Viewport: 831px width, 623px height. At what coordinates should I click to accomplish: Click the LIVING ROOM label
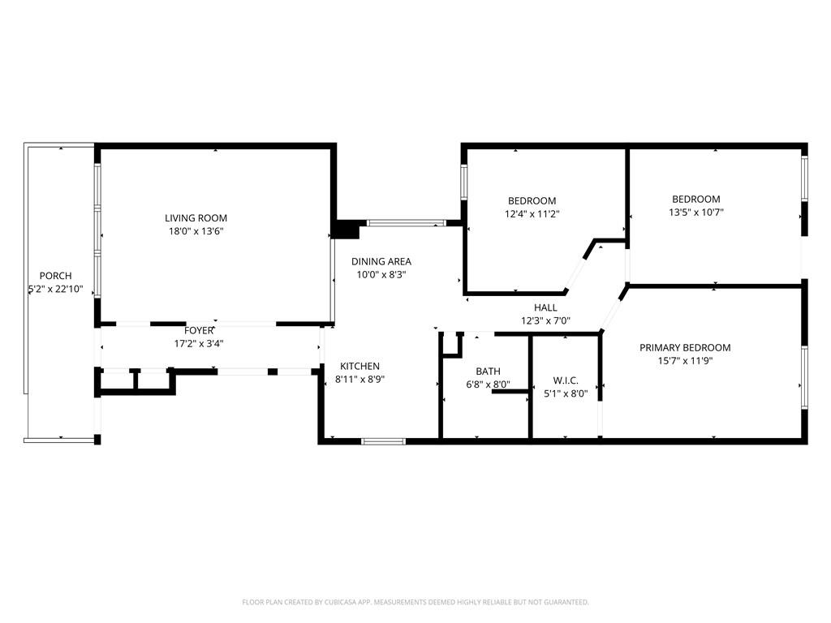pos(196,217)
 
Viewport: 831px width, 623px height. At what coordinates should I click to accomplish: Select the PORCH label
pos(56,276)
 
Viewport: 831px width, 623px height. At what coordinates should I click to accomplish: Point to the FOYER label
pos(199,331)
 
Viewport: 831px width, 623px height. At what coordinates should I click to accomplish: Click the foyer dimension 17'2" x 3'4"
pos(199,343)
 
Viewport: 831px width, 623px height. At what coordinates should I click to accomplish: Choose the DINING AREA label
pos(381,261)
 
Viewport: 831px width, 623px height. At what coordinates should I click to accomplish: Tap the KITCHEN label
pos(360,366)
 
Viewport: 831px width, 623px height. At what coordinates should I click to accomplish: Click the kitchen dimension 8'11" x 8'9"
pos(360,380)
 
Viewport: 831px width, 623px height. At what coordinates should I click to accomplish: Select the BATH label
pos(488,372)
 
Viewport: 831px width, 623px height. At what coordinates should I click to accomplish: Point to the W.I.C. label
pos(566,380)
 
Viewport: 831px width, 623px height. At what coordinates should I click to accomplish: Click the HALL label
pos(545,307)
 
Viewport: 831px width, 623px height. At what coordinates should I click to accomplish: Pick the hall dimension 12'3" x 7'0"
pos(545,320)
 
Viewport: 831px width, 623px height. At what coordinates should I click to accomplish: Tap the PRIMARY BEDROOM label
pos(685,347)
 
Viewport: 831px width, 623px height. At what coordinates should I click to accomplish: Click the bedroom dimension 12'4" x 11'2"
pos(532,214)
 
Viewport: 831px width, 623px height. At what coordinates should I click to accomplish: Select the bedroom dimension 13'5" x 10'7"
pos(696,213)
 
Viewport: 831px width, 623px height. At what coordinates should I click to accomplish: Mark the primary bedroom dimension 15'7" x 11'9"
pos(685,361)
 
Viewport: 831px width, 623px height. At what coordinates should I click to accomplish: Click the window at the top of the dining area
pos(407,223)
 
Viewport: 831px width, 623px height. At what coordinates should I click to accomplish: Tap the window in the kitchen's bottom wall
pos(383,440)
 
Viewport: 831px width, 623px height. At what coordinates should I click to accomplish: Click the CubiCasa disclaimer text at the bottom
pos(415,602)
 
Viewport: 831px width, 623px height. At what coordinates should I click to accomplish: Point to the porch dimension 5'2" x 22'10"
pos(56,290)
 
